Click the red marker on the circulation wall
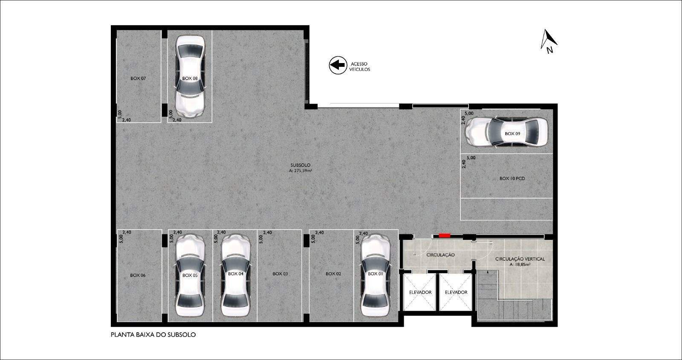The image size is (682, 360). (x=445, y=235)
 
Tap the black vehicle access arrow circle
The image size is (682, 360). (x=338, y=65)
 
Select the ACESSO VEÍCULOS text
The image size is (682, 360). (x=360, y=66)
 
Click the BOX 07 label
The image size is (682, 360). (x=138, y=78)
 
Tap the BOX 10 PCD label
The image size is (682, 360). (x=512, y=179)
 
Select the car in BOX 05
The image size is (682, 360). (x=190, y=275)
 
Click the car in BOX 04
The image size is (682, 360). (x=236, y=275)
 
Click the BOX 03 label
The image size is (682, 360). (x=280, y=274)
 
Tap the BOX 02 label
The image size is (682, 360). (x=333, y=274)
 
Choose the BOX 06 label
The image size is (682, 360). (x=138, y=275)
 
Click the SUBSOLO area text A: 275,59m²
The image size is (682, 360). (x=301, y=171)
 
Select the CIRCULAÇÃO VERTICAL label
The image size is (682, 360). (x=520, y=259)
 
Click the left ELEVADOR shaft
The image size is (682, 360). (x=420, y=292)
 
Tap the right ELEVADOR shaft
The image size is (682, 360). (x=456, y=292)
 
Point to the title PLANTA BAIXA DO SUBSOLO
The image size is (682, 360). (x=153, y=335)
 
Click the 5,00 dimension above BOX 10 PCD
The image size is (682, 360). (x=471, y=158)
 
